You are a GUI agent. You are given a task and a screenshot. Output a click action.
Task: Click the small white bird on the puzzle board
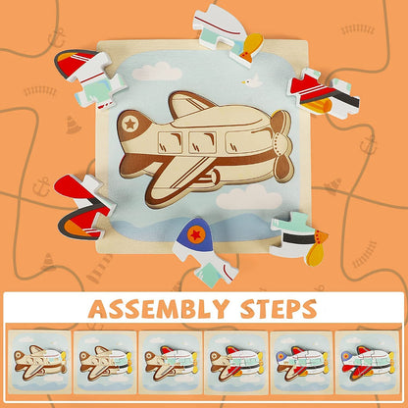pos(252,81)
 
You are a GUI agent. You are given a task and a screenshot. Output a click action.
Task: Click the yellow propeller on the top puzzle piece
pos(251,45)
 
